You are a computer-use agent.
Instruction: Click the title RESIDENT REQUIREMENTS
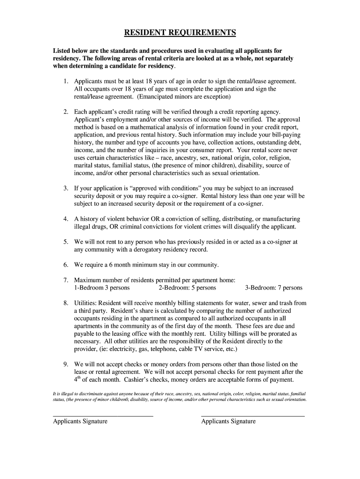tap(180, 33)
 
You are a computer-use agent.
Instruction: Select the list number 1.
tap(66, 81)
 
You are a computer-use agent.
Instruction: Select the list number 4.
tap(66, 219)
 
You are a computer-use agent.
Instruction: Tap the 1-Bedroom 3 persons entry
tap(102, 288)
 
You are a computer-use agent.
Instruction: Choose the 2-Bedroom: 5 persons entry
tap(187, 288)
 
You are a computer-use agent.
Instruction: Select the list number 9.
tap(66, 364)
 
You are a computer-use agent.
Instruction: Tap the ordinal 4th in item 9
tap(78, 379)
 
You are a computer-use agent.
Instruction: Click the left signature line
tap(103, 415)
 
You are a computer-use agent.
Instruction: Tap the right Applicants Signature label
tap(228, 421)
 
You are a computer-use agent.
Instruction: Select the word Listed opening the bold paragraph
tap(62, 51)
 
